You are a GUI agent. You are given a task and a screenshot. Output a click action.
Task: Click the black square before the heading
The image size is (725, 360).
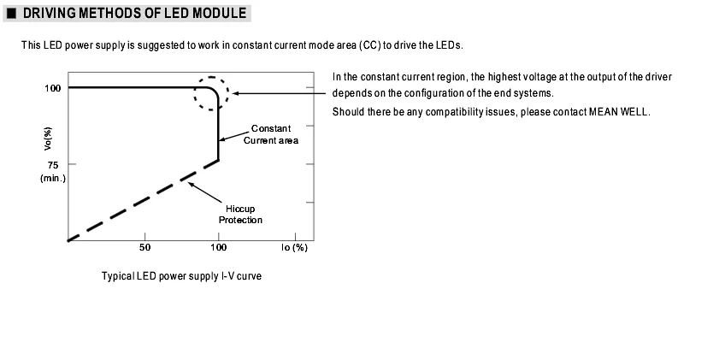tap(12, 14)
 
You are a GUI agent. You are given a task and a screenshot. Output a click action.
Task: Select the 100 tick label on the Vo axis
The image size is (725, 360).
tap(53, 88)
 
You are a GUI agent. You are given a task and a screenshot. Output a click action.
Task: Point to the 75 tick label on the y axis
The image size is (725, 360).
tap(53, 165)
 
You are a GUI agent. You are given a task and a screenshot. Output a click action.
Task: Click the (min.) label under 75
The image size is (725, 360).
tap(53, 178)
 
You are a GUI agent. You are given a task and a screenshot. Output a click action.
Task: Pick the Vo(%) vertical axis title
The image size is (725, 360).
tap(48, 139)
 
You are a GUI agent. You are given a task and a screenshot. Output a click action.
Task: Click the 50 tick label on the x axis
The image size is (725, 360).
tap(145, 248)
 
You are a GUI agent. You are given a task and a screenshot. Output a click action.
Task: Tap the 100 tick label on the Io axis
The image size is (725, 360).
tap(219, 248)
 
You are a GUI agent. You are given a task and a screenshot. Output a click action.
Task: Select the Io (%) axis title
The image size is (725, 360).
tap(294, 248)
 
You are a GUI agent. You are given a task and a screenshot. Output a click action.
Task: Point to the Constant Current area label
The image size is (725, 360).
tap(271, 134)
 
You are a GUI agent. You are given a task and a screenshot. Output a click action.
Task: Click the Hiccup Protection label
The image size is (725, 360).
tap(240, 215)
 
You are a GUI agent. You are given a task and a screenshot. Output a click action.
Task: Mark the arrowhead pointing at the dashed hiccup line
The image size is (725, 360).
tap(192, 185)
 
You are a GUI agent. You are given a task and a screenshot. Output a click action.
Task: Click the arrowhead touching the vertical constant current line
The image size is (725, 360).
tap(222, 139)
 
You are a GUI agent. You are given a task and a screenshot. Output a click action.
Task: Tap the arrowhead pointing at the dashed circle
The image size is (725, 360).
tap(236, 93)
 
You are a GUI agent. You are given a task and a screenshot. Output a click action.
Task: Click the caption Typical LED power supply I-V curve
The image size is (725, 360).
tap(182, 276)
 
